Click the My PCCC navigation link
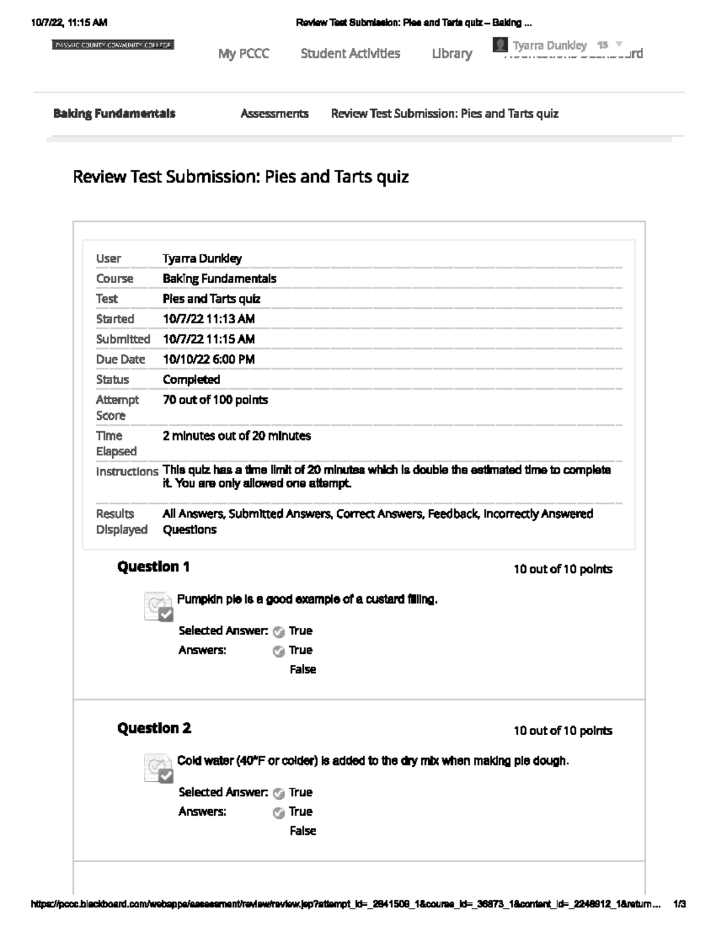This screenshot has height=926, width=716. (x=243, y=54)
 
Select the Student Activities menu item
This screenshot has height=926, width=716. (x=350, y=54)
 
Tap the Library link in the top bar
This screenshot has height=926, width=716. (x=452, y=54)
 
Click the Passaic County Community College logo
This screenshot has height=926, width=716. (x=113, y=45)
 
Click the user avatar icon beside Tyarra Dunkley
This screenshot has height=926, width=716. (x=501, y=45)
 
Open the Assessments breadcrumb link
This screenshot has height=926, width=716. (x=274, y=113)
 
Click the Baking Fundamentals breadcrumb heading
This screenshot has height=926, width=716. (x=114, y=113)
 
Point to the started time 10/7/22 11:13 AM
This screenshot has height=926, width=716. (x=209, y=319)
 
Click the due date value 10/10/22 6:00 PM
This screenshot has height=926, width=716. (x=209, y=360)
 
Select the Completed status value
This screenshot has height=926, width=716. (x=192, y=380)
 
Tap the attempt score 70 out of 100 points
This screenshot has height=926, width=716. (x=215, y=400)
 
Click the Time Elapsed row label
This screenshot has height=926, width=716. (x=116, y=443)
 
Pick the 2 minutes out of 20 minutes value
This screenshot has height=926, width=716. (x=237, y=436)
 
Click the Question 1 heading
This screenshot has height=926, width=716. (x=153, y=566)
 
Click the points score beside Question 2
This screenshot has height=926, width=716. (x=563, y=731)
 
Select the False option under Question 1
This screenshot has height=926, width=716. (x=303, y=670)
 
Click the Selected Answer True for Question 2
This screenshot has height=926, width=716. (x=300, y=792)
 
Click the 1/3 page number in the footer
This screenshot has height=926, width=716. (x=679, y=904)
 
